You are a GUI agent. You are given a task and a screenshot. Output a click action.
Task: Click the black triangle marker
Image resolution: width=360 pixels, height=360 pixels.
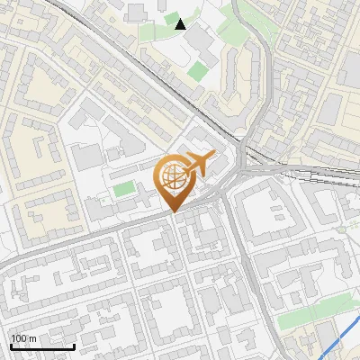[181, 23]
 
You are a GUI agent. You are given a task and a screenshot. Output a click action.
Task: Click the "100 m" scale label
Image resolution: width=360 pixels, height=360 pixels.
[23, 338]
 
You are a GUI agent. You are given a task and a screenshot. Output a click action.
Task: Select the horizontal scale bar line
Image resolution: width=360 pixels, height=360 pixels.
[42, 346]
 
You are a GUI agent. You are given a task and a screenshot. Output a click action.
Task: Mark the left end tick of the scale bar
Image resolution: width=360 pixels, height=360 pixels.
[11, 345]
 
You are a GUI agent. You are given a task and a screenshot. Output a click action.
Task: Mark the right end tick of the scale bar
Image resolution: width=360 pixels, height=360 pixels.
[75, 345]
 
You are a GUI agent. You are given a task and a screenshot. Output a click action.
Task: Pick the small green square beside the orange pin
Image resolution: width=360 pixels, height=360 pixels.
[124, 190]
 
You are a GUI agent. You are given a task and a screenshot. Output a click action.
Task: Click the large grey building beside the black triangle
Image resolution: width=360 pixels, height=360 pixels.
[201, 40]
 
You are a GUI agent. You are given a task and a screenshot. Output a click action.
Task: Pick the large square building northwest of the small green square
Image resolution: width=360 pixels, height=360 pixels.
[88, 157]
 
